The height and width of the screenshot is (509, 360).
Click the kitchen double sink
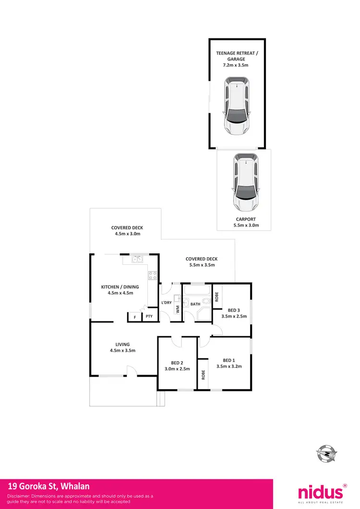coord(138,260)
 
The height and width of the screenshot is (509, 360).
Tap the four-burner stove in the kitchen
coord(153,275)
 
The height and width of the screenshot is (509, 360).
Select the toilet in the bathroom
coord(205,302)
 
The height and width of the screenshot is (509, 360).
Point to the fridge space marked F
coord(135,317)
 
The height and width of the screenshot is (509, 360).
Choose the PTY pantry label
coord(149,316)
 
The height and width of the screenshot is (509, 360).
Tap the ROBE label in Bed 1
coord(203,375)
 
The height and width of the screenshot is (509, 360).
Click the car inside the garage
coord(236,107)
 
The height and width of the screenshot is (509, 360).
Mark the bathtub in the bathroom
coord(197,291)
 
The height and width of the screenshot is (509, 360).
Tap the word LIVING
coord(122,344)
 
